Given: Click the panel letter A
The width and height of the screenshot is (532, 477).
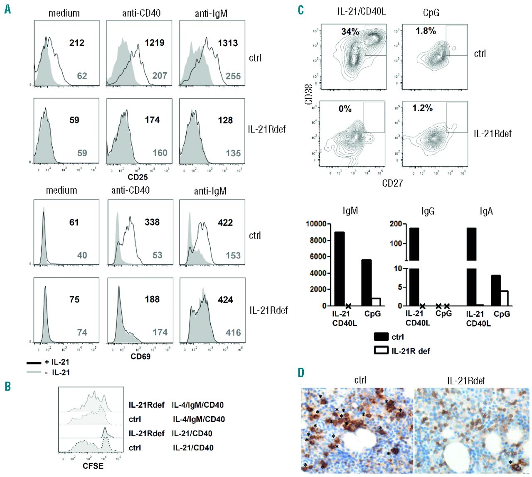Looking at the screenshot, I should click(x=7, y=9).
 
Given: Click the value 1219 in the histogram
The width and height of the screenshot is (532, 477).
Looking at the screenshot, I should click(x=155, y=42).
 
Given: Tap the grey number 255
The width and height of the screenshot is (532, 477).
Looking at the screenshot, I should click(x=233, y=76).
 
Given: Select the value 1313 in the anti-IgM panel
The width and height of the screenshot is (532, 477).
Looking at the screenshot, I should click(x=228, y=43).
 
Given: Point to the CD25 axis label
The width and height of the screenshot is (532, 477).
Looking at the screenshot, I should click(x=138, y=177).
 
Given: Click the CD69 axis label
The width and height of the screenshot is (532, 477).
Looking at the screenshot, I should click(x=140, y=357).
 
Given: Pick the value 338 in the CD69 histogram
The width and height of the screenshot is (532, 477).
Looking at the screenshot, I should click(x=152, y=222).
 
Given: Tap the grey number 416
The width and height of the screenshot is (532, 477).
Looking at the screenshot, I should click(x=233, y=332).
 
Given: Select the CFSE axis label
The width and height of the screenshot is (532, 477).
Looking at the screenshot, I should click(x=93, y=466).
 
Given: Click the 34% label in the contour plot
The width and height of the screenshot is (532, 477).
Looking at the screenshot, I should click(x=350, y=32).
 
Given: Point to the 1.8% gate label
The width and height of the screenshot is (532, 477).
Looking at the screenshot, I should click(x=426, y=31).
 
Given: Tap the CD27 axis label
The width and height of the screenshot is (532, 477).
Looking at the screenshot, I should click(x=392, y=183).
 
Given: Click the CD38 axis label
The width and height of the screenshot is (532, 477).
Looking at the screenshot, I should click(x=309, y=94).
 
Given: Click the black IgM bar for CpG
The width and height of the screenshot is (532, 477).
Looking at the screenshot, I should click(x=366, y=283).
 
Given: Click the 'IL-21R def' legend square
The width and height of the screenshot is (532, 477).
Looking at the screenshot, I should click(x=381, y=351).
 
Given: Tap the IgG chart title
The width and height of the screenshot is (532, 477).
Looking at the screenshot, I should click(x=428, y=211).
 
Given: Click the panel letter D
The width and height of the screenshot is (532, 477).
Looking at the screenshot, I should click(x=301, y=372).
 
